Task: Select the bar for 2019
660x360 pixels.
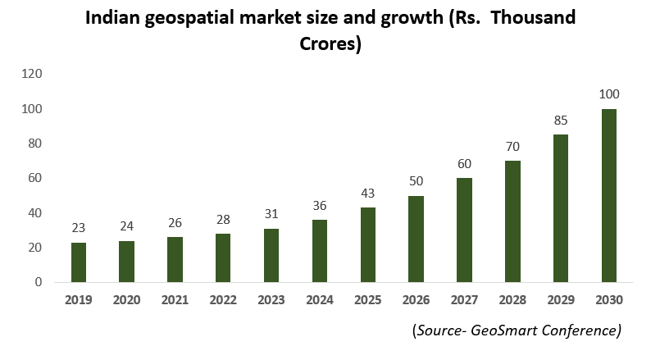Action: [x=78, y=262]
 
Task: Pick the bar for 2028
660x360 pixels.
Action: [x=512, y=221]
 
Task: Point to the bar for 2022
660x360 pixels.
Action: [x=223, y=257]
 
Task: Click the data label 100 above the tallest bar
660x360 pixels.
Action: [x=608, y=93]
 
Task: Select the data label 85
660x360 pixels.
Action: [x=560, y=120]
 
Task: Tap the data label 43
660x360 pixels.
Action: [x=367, y=193]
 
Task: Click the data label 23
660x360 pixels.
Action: [x=78, y=227]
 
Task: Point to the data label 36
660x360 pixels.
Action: [x=319, y=205]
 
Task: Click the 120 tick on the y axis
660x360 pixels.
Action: [x=32, y=74]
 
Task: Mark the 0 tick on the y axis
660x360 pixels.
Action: [x=38, y=282]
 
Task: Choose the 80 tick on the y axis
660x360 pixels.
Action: [x=35, y=144]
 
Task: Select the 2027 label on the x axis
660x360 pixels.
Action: [x=464, y=300]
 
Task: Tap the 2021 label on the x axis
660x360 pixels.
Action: [x=175, y=300]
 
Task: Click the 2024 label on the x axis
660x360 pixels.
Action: [x=319, y=300]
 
